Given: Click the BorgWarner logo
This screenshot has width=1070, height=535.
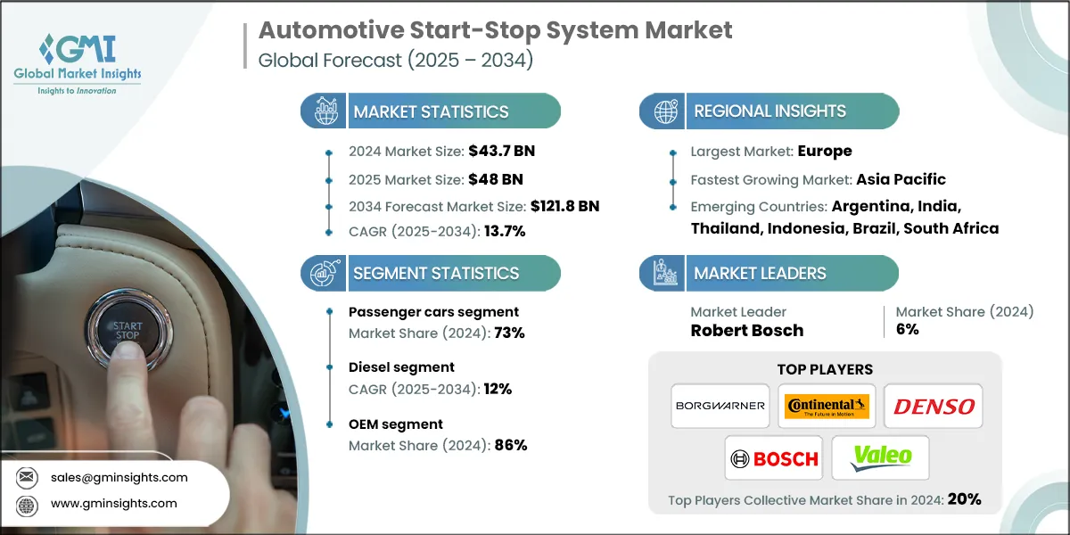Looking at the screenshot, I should [x=720, y=406].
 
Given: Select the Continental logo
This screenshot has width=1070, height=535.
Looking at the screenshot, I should [x=827, y=406].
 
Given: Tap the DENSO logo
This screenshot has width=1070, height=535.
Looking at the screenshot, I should [x=934, y=406].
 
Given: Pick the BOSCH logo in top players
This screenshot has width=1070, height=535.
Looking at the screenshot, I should [x=773, y=458].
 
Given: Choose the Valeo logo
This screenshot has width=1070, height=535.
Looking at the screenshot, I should [x=880, y=458].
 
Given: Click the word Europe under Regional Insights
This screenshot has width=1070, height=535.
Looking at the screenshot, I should [x=825, y=151].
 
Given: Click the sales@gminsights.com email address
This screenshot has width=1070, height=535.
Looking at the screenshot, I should [x=119, y=477].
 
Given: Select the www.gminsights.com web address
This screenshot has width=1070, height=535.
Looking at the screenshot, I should [x=113, y=504].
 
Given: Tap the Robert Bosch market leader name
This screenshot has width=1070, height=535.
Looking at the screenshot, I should [x=747, y=330].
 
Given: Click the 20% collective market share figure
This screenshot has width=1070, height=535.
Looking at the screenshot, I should [x=964, y=499].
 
